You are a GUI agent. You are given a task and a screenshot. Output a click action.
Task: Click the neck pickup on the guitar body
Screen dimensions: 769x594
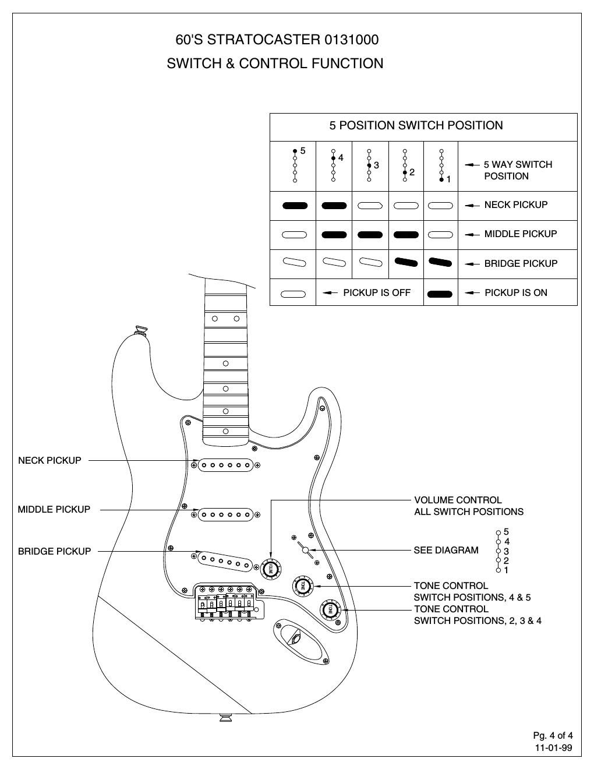(226, 465)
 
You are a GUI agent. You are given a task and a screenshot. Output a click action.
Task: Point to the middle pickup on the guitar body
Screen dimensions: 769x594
(226, 515)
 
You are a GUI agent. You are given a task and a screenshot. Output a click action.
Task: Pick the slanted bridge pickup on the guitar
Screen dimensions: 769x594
(225, 561)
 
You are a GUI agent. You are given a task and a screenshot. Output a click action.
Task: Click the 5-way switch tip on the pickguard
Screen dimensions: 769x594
(305, 549)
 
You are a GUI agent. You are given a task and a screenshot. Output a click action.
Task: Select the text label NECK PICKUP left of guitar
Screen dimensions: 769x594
(49, 460)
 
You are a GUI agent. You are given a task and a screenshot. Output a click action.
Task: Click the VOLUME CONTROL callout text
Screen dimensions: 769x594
(458, 500)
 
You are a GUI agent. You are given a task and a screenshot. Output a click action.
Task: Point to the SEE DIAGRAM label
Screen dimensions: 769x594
(446, 550)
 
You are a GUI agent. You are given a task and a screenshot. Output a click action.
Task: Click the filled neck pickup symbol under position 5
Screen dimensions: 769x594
(294, 206)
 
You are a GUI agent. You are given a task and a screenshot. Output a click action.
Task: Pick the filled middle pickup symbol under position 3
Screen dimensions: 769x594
(370, 235)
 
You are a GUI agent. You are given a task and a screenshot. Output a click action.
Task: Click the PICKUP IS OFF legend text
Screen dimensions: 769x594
(376, 292)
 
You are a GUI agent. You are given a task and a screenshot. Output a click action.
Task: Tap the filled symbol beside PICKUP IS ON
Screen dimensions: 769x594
(440, 294)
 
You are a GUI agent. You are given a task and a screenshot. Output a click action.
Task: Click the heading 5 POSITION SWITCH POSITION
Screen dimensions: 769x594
(416, 125)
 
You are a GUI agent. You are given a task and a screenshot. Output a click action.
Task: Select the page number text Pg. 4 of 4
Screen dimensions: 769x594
(553, 735)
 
